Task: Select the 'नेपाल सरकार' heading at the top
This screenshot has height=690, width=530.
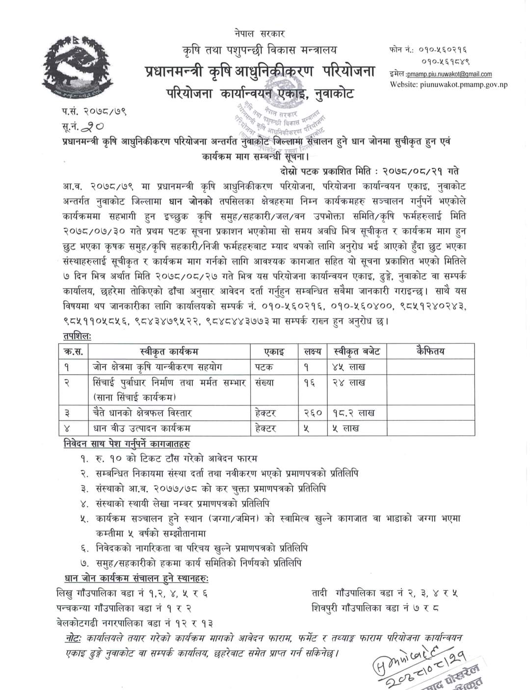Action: click(259, 34)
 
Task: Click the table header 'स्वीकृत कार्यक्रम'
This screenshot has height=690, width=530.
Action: click(169, 352)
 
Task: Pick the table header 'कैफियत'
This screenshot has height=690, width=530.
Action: click(430, 352)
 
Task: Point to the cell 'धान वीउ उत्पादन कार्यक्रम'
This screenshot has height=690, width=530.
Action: click(142, 428)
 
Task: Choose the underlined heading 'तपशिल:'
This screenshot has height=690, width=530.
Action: click(77, 336)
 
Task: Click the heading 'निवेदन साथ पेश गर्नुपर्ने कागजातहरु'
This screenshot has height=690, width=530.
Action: click(127, 443)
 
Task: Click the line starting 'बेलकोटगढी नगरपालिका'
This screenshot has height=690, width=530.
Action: click(136, 623)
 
